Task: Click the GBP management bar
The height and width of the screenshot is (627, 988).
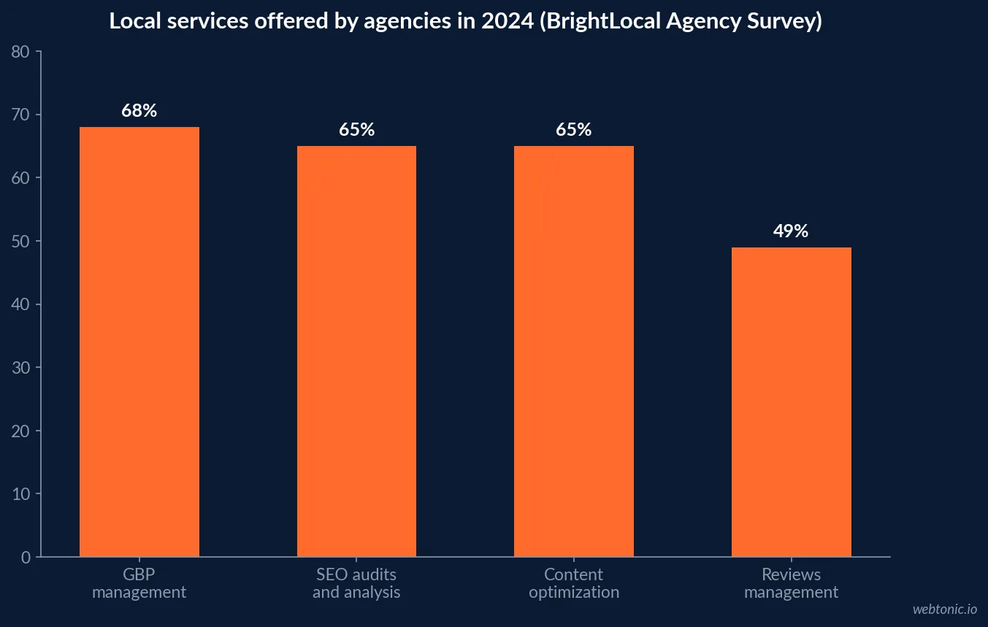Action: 139,342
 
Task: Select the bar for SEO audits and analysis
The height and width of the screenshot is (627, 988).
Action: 356,351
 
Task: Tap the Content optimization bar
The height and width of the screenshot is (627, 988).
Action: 574,351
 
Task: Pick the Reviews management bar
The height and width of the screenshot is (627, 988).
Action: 792,402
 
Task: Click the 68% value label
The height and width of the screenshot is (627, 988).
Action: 139,111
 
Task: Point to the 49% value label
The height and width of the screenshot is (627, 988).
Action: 791,231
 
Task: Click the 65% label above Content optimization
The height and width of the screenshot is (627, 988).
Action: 574,130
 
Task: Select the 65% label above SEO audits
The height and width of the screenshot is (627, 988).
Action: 356,130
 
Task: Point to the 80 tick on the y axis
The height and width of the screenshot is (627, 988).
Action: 20,52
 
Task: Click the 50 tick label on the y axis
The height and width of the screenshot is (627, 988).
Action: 20,242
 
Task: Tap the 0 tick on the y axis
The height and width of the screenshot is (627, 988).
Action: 26,558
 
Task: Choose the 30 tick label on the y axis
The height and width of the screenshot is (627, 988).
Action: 20,368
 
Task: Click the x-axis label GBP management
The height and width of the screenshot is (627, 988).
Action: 139,583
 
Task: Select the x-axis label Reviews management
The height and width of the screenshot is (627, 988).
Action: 792,583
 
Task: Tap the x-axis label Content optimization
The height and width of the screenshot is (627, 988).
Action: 574,583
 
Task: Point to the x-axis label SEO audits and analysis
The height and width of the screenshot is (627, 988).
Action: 356,583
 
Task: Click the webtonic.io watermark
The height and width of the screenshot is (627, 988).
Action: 945,609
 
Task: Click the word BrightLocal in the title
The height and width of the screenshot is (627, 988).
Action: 601,21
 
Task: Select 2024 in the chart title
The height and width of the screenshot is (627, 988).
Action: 508,21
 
